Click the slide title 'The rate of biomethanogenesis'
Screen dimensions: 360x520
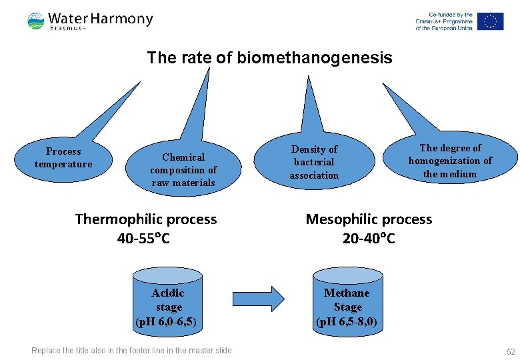click(269, 58)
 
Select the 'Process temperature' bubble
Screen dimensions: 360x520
click(63, 158)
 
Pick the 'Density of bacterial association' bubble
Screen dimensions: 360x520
click(314, 162)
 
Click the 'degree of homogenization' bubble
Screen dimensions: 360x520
click(450, 161)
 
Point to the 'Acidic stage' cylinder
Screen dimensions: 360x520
click(168, 300)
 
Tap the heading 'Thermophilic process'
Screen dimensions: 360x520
click(146, 219)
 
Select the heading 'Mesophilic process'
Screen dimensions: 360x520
click(369, 219)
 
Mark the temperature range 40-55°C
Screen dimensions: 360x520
click(143, 238)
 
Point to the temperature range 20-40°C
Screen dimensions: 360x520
click(369, 238)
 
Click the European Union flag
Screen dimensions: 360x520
click(491, 21)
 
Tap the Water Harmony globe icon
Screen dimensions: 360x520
click(36, 21)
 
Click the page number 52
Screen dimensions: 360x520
click(511, 351)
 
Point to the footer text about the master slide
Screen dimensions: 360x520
click(132, 351)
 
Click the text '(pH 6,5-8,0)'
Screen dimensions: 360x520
click(347, 321)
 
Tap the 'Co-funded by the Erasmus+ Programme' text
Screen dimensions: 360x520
click(444, 21)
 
